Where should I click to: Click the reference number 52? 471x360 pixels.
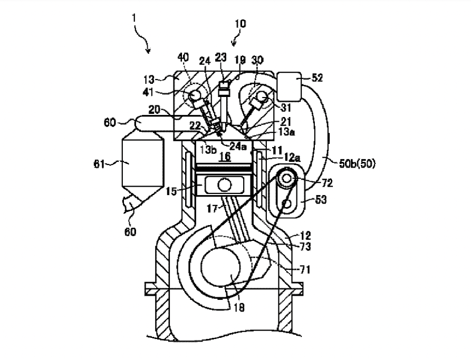317,78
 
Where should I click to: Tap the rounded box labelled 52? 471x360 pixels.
289,86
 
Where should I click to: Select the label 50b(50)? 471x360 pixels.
358,163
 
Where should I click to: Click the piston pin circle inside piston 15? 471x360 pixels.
224,184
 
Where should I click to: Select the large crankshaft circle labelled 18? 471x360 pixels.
221,266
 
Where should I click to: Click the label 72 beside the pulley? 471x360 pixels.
327,183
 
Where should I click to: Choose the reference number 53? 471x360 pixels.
321,199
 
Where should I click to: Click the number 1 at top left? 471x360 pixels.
134,18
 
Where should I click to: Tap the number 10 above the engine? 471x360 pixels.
240,24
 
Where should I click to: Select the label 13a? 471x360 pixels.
286,132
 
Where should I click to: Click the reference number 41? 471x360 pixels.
148,92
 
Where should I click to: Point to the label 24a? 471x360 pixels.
238,146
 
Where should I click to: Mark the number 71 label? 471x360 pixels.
305,270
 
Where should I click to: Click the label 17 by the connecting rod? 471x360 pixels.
213,208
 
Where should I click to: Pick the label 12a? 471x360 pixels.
292,157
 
